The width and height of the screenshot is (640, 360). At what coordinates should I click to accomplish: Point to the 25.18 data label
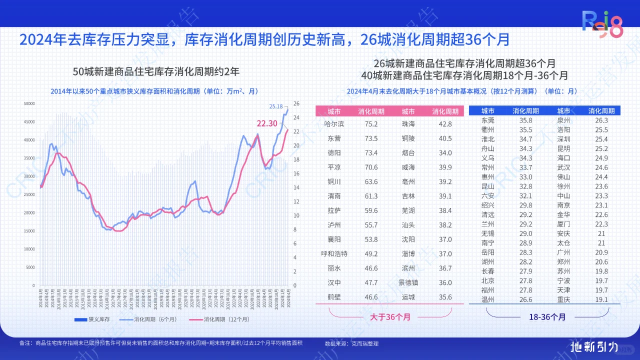pos(276,106)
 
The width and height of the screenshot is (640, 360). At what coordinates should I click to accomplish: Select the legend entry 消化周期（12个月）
pos(219,319)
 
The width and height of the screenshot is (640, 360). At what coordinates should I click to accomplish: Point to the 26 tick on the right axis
pos(296,103)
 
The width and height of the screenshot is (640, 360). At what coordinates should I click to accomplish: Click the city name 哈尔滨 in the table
pos(334,123)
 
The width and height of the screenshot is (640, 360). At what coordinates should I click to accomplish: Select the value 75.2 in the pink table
pos(370,123)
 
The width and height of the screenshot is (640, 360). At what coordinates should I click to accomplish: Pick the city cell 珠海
pos(408,123)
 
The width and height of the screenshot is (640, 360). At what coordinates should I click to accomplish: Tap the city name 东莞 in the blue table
pos(488,120)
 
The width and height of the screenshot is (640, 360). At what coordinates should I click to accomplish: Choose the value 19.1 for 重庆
pos(601,299)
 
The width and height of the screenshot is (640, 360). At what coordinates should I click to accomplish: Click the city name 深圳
pos(563,139)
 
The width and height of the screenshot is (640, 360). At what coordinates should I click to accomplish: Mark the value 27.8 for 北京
pos(525,280)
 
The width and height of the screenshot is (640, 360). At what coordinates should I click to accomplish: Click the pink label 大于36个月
pos(390,316)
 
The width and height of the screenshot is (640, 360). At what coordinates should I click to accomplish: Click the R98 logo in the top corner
pos(603,24)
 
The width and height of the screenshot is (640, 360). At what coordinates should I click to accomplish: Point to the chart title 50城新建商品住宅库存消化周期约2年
pos(156,71)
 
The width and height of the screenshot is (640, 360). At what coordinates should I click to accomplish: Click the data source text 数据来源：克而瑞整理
pos(351,343)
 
